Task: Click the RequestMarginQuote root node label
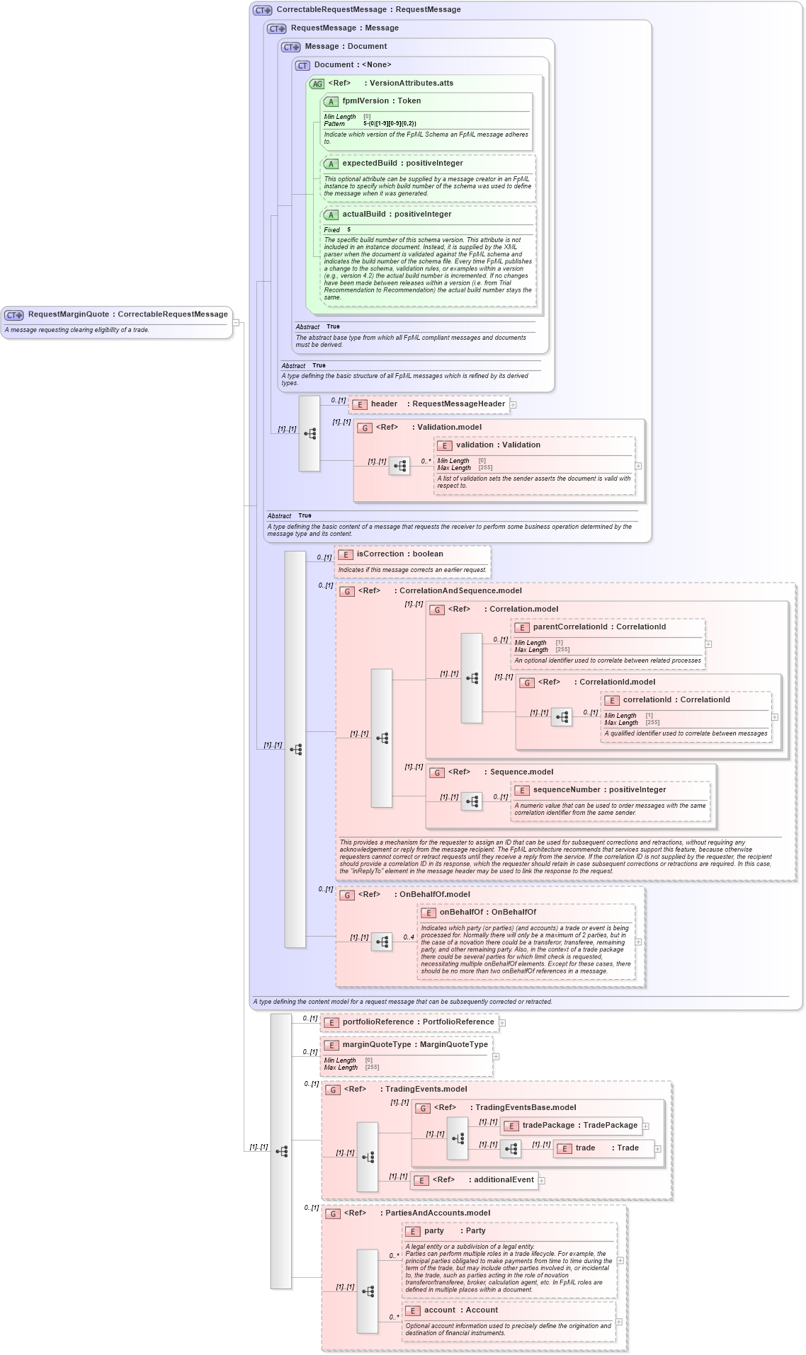pos(127,314)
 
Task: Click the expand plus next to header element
pos(513,405)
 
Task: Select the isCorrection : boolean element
pos(399,554)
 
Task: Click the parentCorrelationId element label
pos(599,627)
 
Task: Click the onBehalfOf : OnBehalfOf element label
pos(487,913)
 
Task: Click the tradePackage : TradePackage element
pos(579,1126)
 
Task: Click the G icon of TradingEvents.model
pos(333,1090)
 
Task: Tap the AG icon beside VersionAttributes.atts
pos(317,84)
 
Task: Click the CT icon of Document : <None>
pos(302,65)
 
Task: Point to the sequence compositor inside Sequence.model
pos(472,801)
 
